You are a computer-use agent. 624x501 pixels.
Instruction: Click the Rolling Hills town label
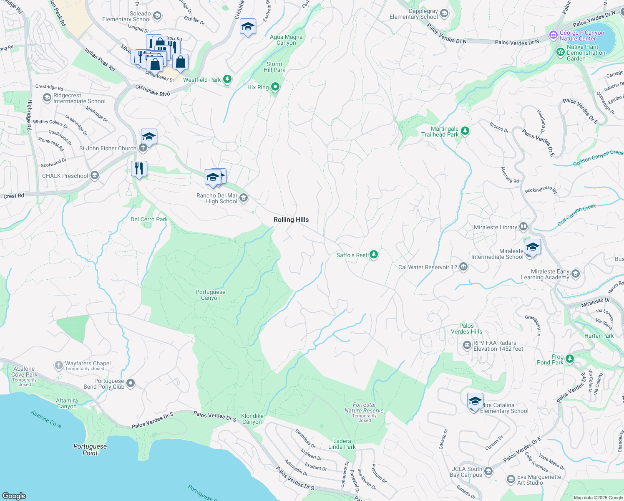[291, 220]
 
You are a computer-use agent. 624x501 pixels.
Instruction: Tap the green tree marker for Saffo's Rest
[374, 255]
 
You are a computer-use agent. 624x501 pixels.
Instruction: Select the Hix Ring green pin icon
[275, 87]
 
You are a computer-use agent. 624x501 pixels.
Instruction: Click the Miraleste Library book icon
[523, 227]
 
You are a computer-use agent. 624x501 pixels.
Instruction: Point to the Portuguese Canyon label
[211, 295]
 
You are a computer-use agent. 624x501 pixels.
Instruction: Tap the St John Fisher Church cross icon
[143, 148]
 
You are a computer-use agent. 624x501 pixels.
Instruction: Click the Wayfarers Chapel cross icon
[59, 365]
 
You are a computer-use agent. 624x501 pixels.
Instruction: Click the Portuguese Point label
[90, 450]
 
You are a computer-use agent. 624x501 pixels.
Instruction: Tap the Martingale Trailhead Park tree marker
[465, 131]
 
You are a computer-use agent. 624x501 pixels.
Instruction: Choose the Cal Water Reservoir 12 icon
[463, 267]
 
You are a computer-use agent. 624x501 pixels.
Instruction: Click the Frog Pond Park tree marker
[570, 359]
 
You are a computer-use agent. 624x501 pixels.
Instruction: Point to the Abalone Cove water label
[46, 419]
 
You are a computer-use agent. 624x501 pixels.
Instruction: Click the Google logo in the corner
[14, 496]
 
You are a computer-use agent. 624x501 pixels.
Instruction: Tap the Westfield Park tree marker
[227, 79]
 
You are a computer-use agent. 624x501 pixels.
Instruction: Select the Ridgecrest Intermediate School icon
[47, 98]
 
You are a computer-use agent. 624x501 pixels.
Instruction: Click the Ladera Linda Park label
[342, 444]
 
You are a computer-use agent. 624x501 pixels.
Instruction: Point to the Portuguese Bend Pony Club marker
[131, 383]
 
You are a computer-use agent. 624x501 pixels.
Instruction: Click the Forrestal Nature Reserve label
[364, 407]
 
